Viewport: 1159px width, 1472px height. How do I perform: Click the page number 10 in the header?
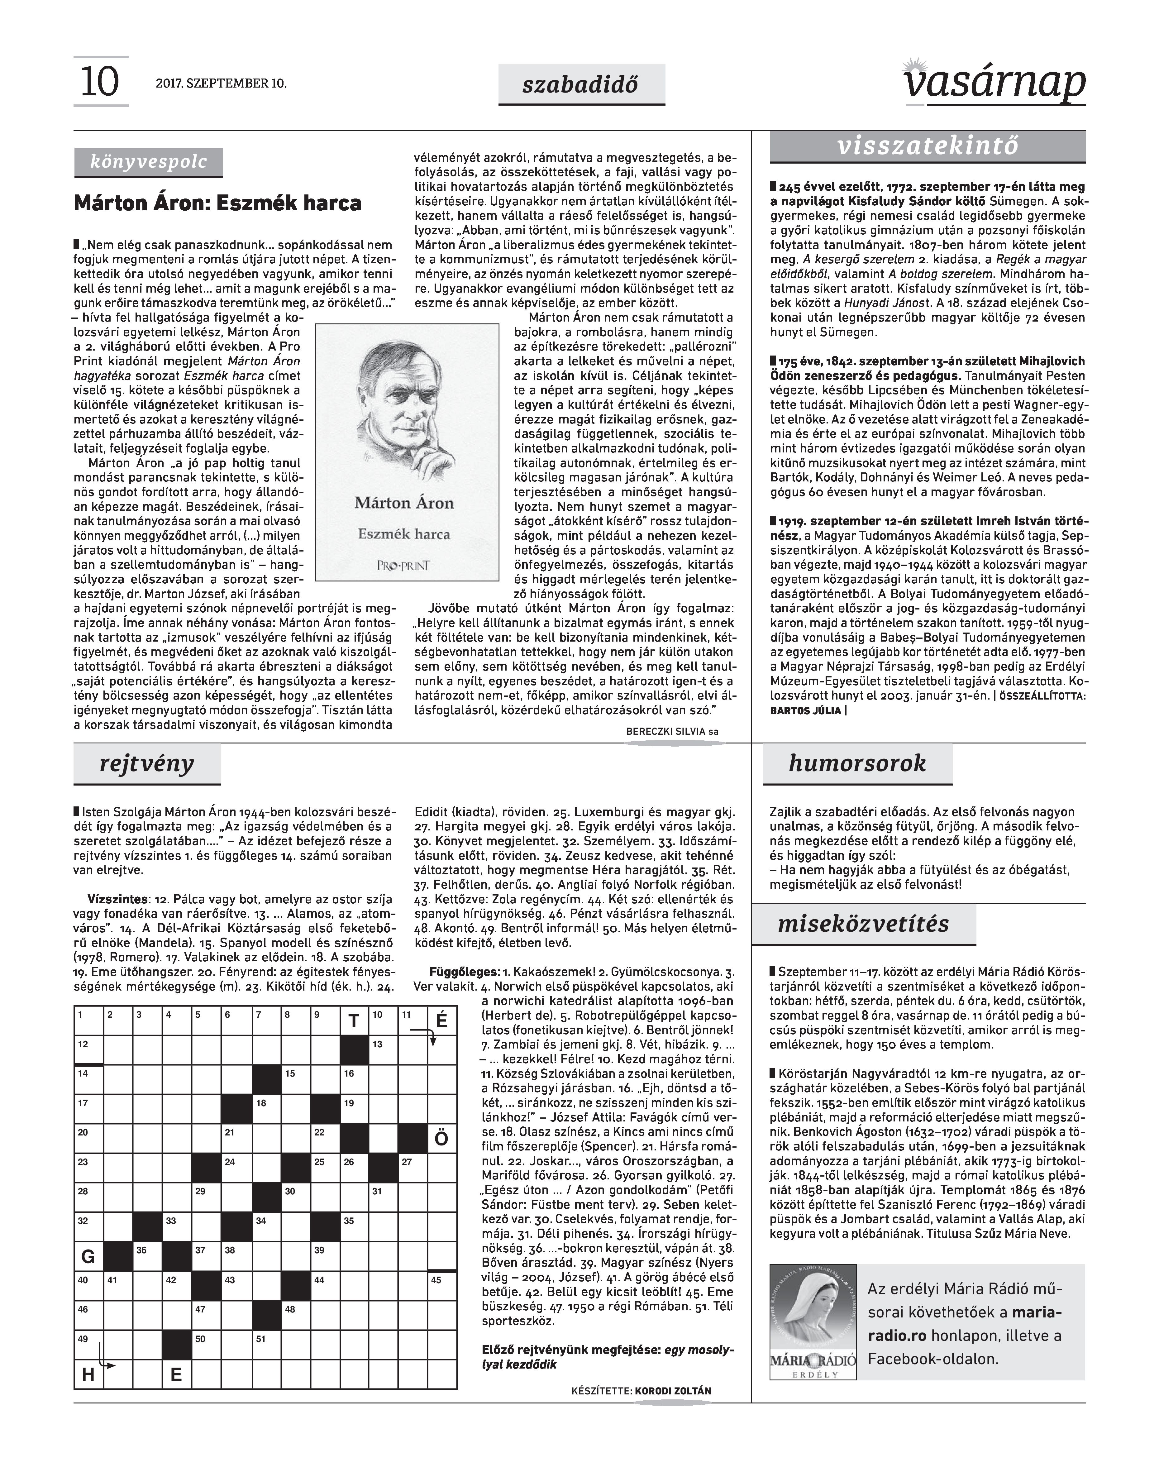[100, 82]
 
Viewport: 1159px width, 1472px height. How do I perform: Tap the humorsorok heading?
[857, 763]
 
